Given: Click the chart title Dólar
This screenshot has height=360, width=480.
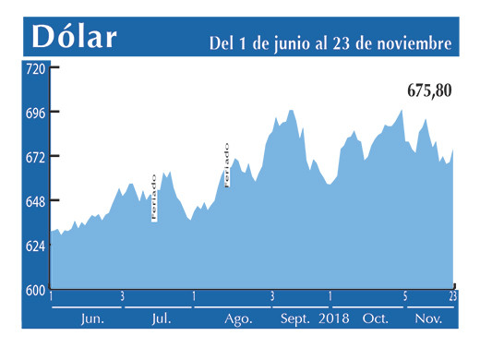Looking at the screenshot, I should pos(75,36).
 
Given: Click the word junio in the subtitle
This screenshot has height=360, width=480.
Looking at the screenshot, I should pos(277,42).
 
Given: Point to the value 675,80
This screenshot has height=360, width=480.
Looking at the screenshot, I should pos(429,92).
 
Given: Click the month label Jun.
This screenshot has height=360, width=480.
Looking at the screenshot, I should pos(92,318).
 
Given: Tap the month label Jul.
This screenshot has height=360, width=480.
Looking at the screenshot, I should pos(161,318).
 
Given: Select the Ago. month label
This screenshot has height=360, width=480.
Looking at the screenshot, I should pos(238,318).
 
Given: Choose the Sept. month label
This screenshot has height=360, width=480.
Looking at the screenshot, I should pos(295,318).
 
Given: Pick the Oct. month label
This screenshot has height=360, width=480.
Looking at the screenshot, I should pos(376,318).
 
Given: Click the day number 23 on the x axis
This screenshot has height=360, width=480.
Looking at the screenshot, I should pos(453,296).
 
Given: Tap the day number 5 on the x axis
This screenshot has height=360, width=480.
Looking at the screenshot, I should pos(404,296).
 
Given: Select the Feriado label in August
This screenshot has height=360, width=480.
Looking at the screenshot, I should pos(227,164).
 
